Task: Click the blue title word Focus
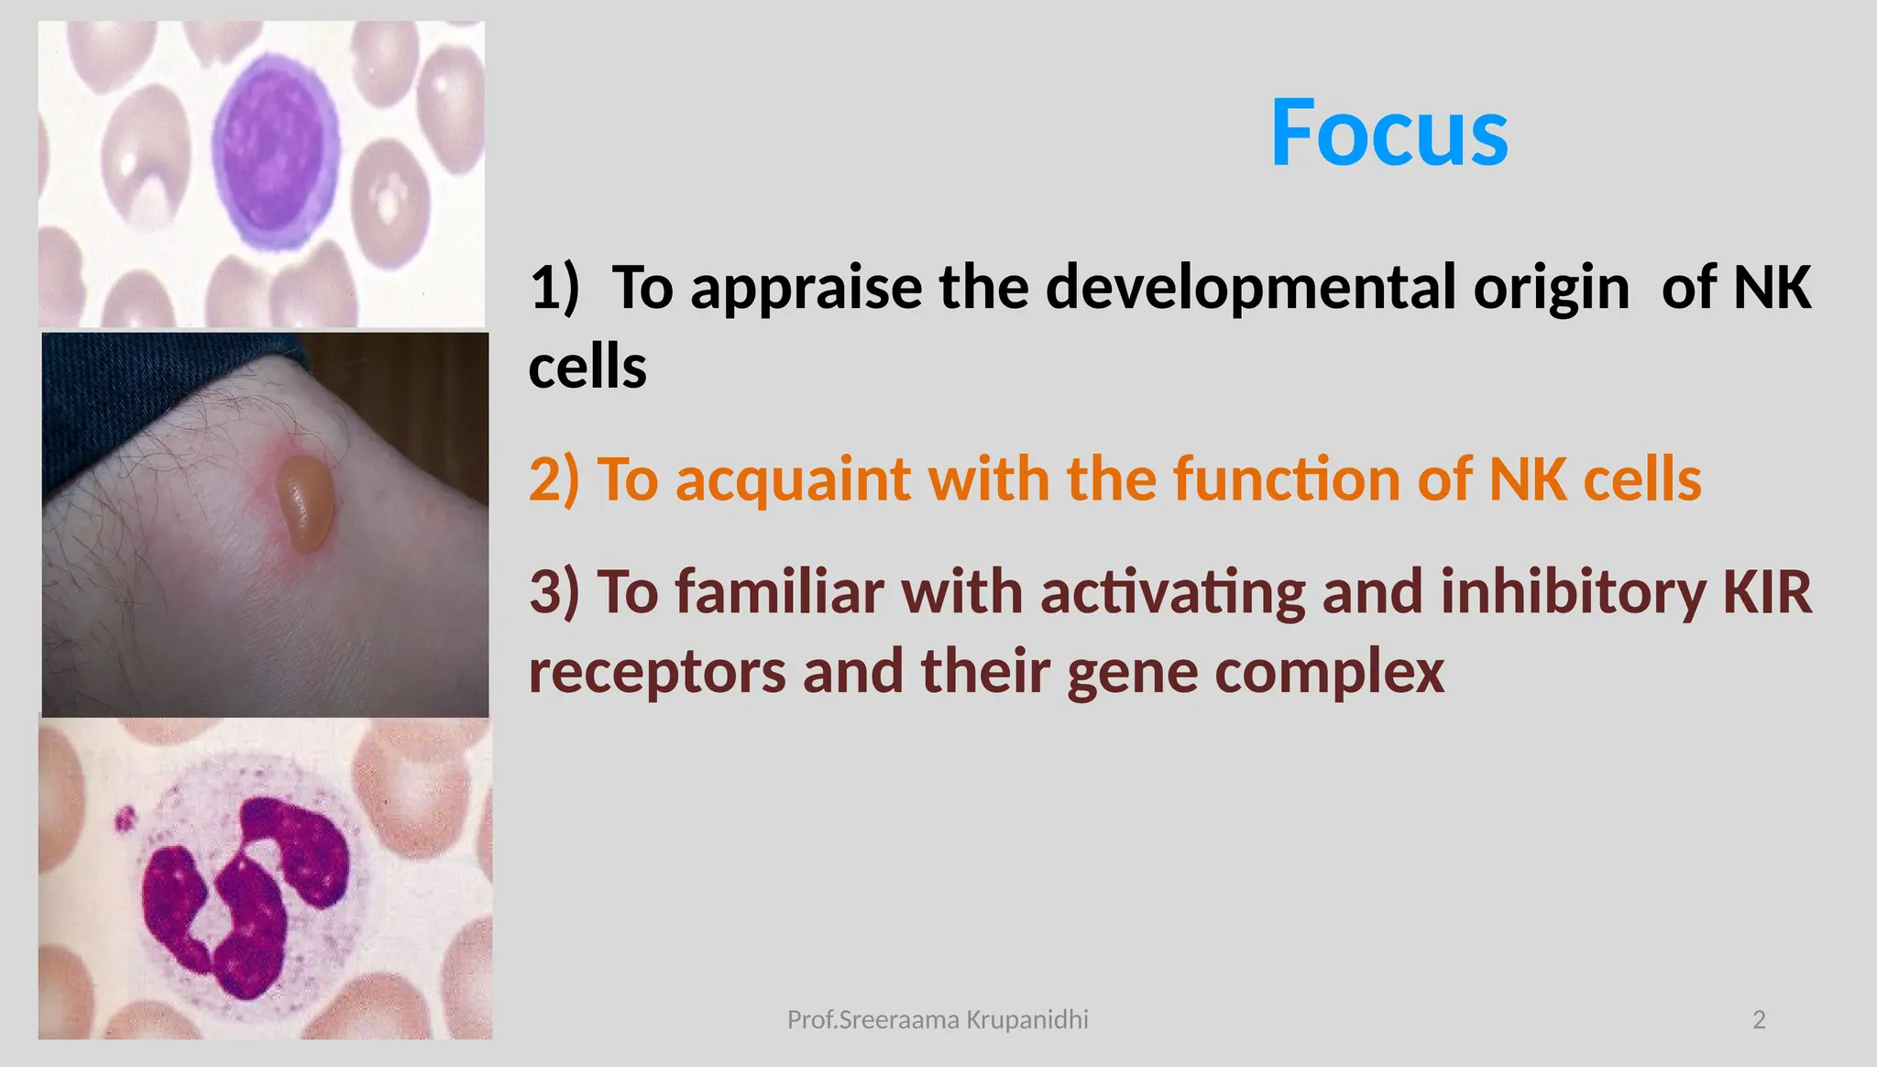(x=1389, y=134)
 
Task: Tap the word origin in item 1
(x=1551, y=288)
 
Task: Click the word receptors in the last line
(x=657, y=672)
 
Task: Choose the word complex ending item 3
(x=1329, y=672)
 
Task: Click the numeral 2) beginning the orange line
(x=554, y=479)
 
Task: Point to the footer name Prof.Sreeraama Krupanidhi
(x=938, y=1019)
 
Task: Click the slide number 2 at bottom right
(x=1758, y=1019)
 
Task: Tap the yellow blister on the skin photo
(x=304, y=504)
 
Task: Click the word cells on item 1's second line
(x=587, y=368)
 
